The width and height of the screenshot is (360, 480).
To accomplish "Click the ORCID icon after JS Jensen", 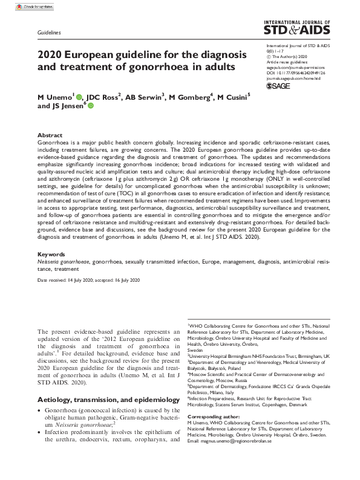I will pyautogui.click(x=91, y=106).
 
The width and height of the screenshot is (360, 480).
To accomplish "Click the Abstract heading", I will pyautogui.click(x=50, y=135).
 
